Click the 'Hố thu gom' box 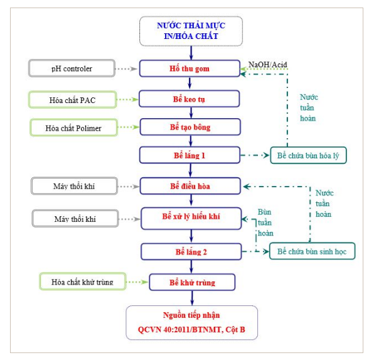click(190, 68)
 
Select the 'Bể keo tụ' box click(190, 99)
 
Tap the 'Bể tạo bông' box click(190, 127)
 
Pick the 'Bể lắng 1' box click(190, 155)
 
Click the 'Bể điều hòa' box click(190, 186)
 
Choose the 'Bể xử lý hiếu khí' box click(191, 219)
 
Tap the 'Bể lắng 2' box click(191, 252)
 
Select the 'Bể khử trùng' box click(192, 282)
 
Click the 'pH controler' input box click(72, 68)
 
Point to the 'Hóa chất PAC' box click(73, 100)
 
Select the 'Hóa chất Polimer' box click(73, 128)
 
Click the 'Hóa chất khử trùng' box click(83, 281)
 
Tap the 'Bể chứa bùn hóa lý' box click(308, 155)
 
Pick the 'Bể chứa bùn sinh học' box click(312, 251)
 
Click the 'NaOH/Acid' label click(268, 65)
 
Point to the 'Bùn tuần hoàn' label click(265, 222)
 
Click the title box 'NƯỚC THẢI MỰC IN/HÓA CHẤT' click(191, 31)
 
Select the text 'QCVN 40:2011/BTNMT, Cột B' click(191, 329)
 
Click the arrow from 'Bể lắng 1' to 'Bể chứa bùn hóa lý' click(255, 155)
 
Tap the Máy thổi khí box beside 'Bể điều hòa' click(74, 186)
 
